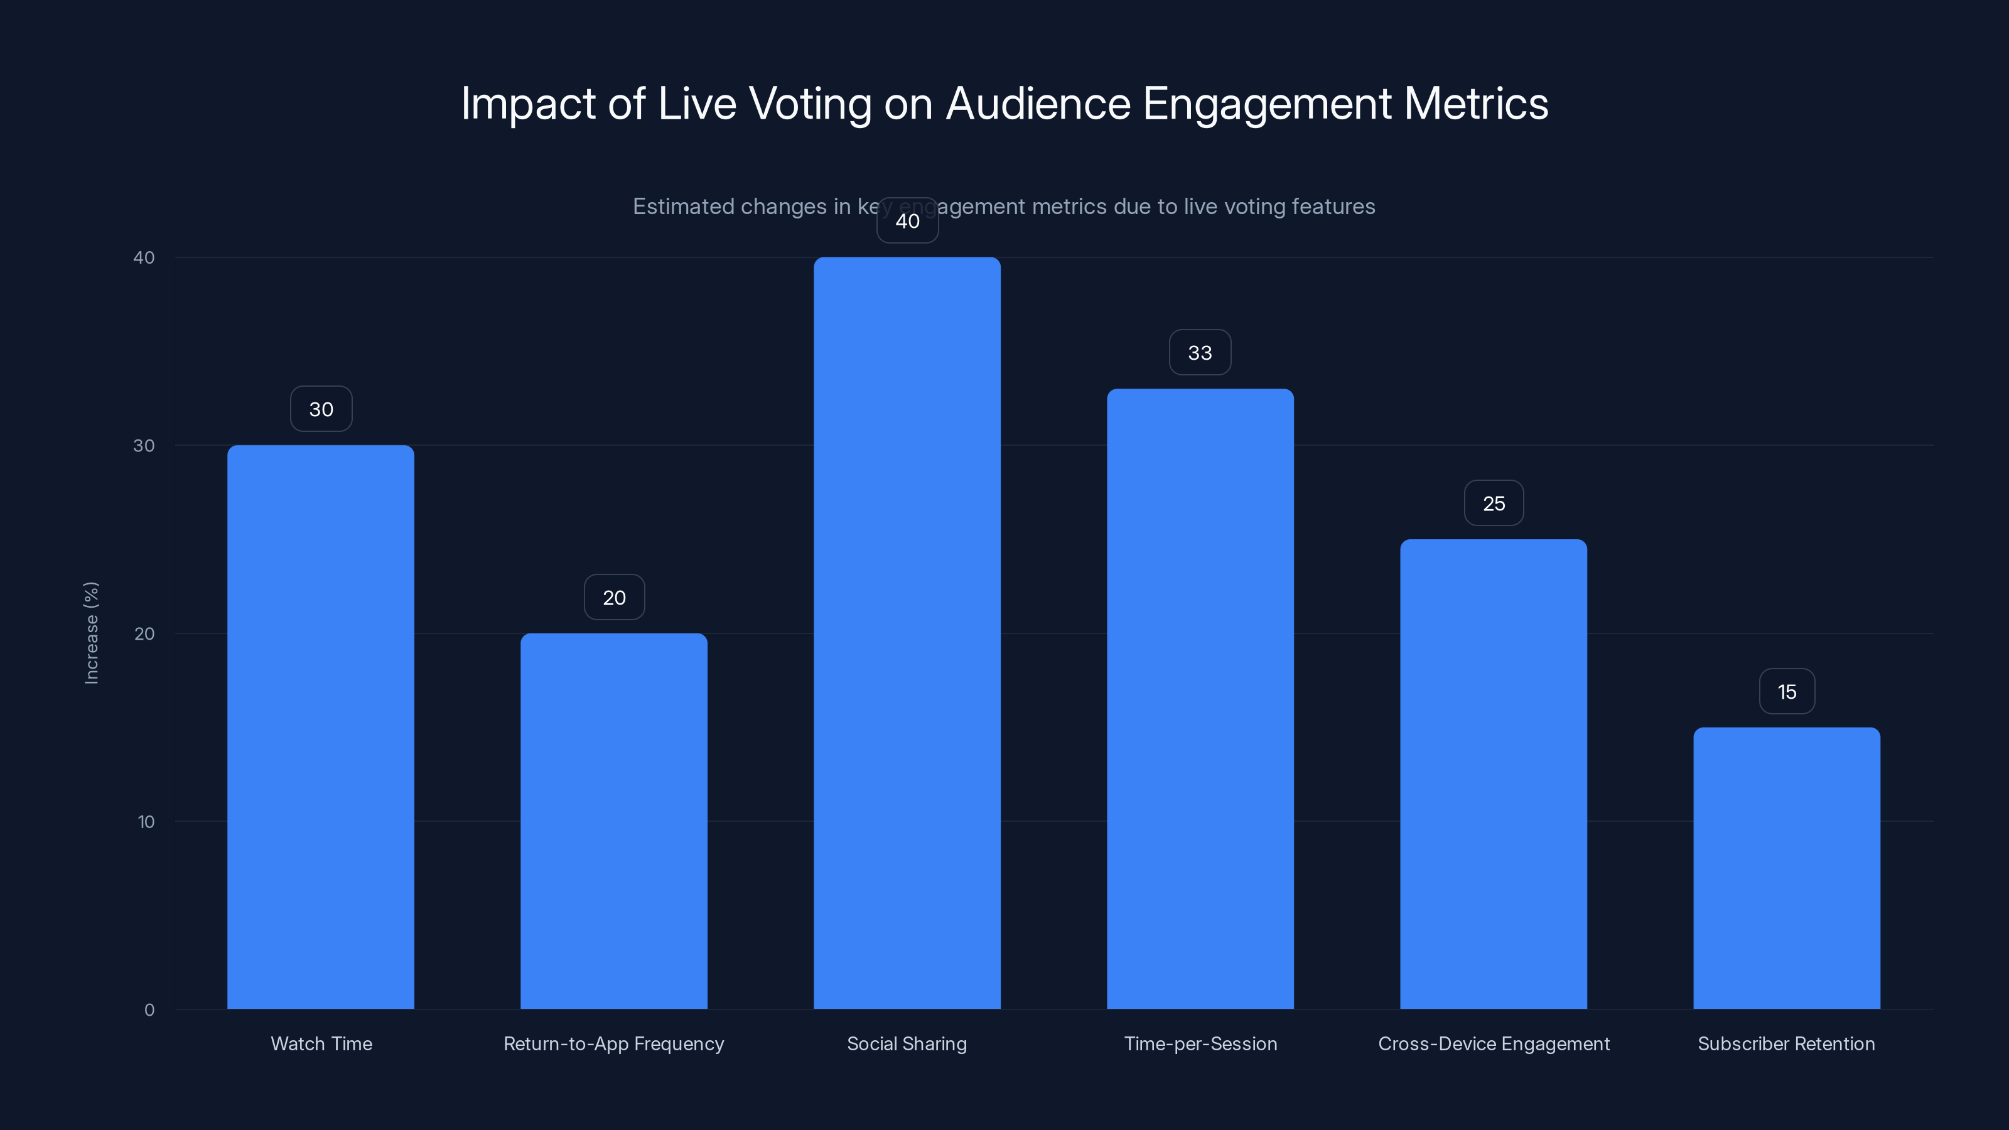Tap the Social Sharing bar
[x=907, y=632]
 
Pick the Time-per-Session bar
[x=1200, y=699]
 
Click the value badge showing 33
[x=1200, y=352]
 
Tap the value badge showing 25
[x=1494, y=503]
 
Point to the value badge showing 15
[x=1787, y=692]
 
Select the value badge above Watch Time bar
[x=321, y=409]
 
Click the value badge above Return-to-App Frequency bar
[x=615, y=598]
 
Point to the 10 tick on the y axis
[x=146, y=822]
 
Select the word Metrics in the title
[x=1475, y=103]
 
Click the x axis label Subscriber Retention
[x=1786, y=1043]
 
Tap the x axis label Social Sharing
[x=907, y=1043]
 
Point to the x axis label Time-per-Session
[x=1200, y=1043]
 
